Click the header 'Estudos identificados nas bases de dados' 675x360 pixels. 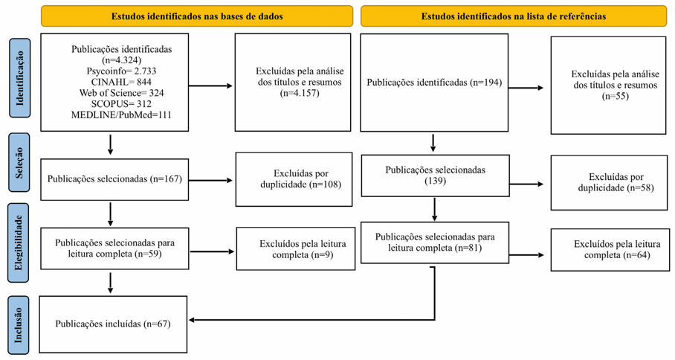[x=197, y=16]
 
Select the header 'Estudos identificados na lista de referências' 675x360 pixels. [x=513, y=16]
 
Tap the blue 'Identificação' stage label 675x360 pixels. [x=19, y=77]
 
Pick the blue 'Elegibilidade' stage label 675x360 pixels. [x=19, y=242]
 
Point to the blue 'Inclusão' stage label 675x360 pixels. [x=19, y=324]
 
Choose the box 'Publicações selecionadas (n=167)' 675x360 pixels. [x=114, y=179]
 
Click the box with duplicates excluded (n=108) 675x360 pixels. [x=293, y=179]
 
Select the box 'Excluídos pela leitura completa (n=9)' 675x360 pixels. [x=295, y=248]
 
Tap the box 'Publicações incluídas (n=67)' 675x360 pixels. [x=113, y=324]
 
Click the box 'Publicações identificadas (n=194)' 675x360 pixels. [x=434, y=82]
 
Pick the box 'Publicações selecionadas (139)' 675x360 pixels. [x=435, y=176]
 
